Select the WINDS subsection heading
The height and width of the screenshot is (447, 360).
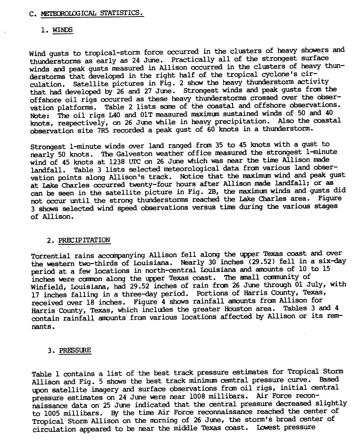pos(63,30)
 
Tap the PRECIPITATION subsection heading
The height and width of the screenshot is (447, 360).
pos(84,240)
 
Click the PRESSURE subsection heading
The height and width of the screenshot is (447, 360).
pos(75,351)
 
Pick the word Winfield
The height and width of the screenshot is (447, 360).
pos(46,285)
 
